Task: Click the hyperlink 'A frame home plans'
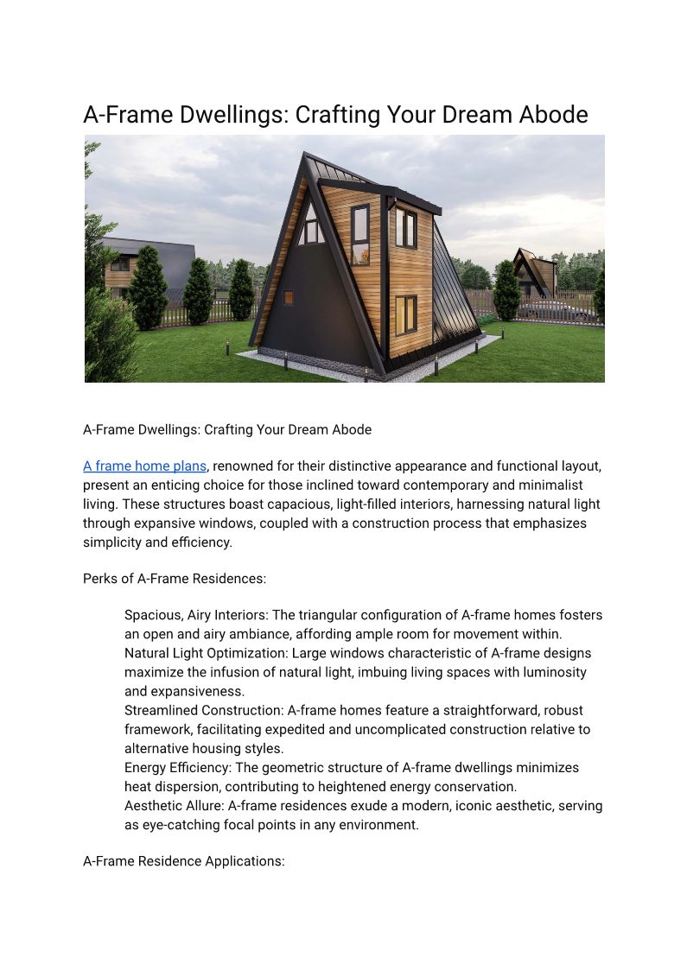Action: coord(144,466)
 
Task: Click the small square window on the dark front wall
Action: coord(288,297)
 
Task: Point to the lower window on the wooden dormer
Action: coord(405,314)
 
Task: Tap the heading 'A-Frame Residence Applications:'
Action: coord(183,861)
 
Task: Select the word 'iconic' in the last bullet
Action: coord(486,805)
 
